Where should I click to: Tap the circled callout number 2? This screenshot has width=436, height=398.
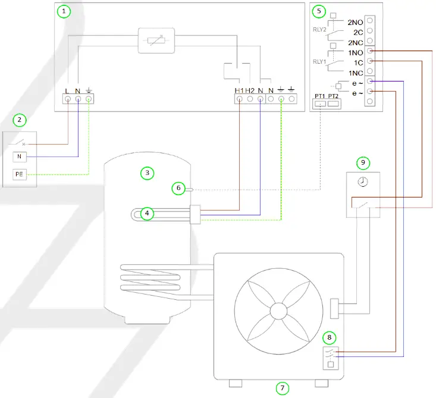coord(20,120)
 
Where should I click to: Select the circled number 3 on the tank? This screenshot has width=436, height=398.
coord(147,173)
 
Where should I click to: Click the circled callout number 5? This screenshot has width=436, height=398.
coord(319,11)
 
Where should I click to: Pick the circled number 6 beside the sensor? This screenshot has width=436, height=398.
coord(178,188)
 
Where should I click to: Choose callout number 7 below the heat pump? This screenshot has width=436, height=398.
coord(283,388)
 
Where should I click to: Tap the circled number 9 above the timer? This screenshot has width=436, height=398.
coord(363,162)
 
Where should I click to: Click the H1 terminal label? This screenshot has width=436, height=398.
coord(239,90)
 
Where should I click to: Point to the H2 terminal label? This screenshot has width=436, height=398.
coord(250,90)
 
